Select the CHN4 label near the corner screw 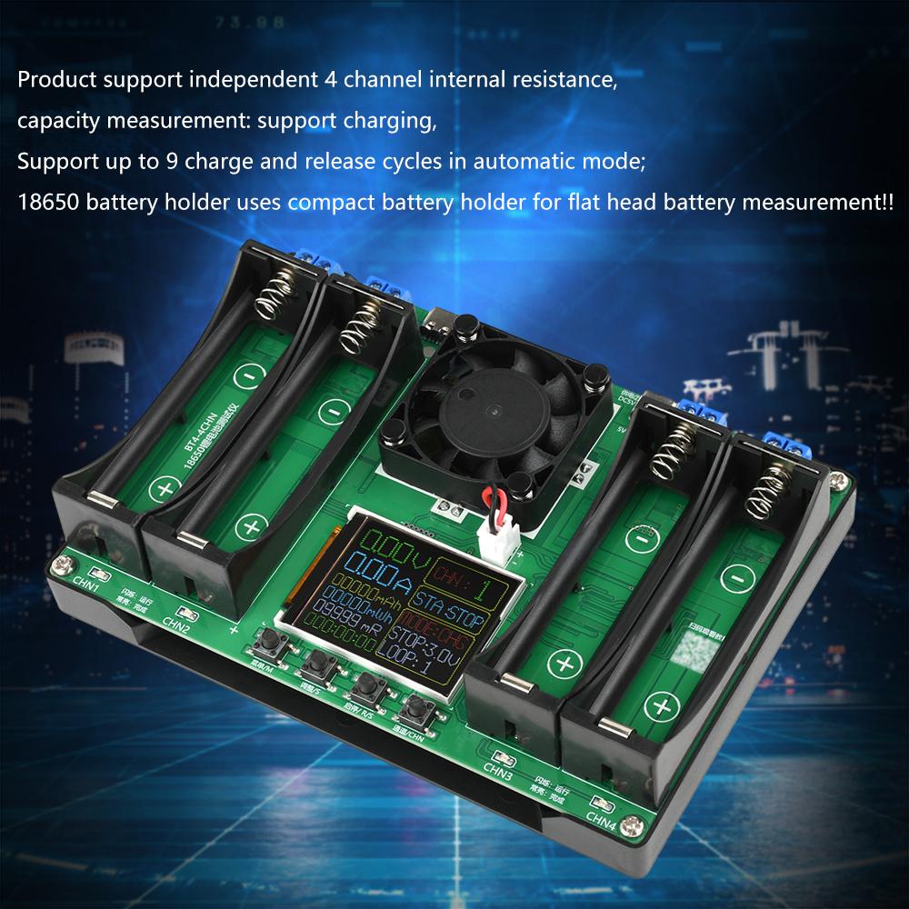pyautogui.click(x=601, y=819)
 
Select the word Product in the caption pyautogui.click(x=53, y=80)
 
